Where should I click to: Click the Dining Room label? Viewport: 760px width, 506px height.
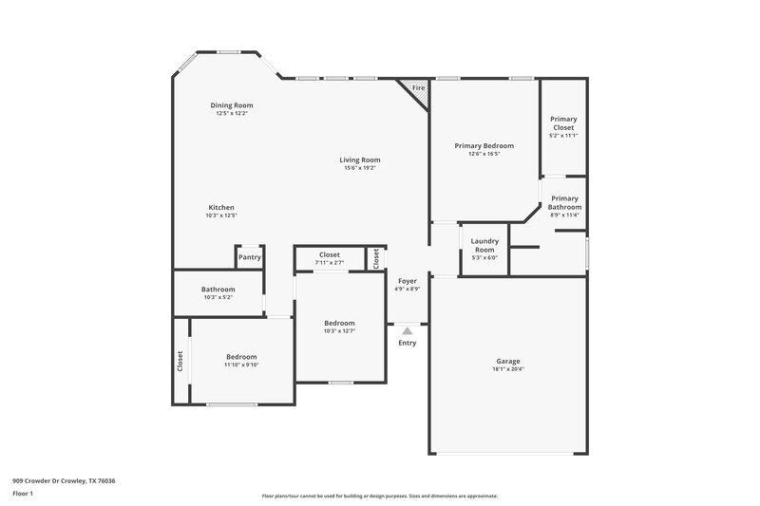tap(232, 105)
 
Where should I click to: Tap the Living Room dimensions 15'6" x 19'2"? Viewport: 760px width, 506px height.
tap(360, 168)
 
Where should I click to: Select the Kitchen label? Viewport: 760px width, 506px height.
tap(221, 208)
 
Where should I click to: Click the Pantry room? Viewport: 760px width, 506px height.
tap(250, 257)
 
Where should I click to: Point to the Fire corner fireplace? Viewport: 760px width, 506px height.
tap(417, 90)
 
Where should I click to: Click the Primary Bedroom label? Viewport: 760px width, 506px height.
tap(484, 146)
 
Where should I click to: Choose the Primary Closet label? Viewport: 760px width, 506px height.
tap(563, 123)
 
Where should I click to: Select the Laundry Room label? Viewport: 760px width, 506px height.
tap(484, 245)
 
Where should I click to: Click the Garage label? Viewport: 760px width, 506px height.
tap(507, 361)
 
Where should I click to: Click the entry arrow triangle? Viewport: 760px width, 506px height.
tap(407, 331)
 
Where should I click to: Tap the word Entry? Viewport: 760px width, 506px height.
tap(407, 343)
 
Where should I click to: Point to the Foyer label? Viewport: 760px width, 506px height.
tap(407, 281)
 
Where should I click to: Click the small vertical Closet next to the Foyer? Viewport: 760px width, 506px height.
tap(376, 257)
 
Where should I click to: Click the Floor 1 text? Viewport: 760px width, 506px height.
tap(23, 494)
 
